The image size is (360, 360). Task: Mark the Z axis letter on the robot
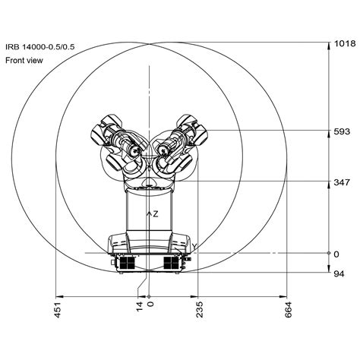(156, 215)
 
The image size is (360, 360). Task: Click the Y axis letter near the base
(194, 246)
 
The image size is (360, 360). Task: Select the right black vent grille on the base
(175, 262)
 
